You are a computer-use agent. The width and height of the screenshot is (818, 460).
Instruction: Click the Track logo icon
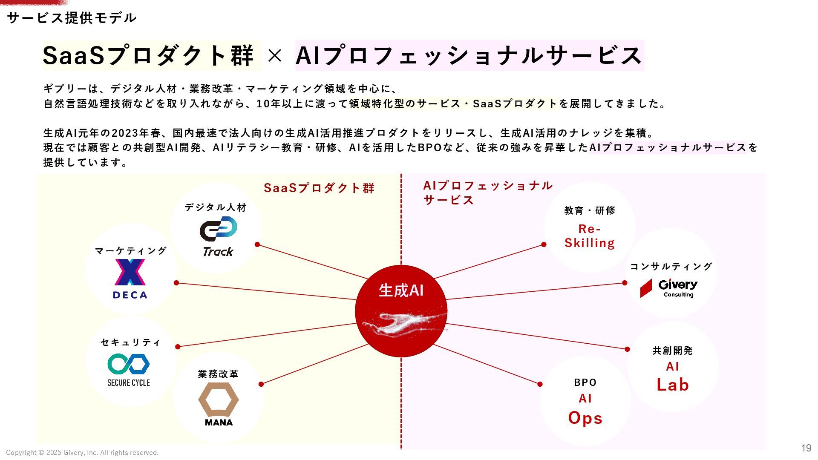tap(218, 229)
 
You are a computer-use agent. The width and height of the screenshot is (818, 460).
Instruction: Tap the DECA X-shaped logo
tap(130, 272)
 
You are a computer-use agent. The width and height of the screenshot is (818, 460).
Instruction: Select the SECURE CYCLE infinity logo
tap(129, 364)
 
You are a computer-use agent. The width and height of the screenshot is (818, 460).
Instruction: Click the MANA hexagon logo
tap(218, 399)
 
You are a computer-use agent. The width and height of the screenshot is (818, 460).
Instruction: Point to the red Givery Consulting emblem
tap(646, 288)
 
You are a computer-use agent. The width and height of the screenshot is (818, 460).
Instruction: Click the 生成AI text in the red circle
tap(401, 290)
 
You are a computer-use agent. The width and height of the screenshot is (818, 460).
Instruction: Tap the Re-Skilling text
tap(590, 236)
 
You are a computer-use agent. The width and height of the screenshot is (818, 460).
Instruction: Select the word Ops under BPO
tap(585, 418)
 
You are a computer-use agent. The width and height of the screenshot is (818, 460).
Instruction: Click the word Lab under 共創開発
tap(673, 385)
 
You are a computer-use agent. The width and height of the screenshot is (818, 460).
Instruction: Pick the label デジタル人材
tap(216, 207)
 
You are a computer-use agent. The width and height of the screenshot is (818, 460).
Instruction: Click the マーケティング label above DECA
tap(130, 251)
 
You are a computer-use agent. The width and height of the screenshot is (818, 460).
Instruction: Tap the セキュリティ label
tap(130, 342)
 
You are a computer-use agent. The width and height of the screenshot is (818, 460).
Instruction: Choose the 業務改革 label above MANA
tap(218, 374)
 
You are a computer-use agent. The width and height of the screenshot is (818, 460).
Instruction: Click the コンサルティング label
tap(671, 267)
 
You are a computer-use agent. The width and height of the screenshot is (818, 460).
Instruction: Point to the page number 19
tap(806, 448)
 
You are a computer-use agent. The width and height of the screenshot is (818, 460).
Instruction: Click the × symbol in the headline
tap(275, 56)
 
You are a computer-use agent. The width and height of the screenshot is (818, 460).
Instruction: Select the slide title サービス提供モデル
tap(72, 18)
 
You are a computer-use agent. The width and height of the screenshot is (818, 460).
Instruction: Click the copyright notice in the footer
tap(82, 453)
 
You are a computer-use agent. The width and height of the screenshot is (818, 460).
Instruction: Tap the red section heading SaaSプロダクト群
tap(319, 188)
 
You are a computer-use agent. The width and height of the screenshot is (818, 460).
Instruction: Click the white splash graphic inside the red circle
tap(403, 324)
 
